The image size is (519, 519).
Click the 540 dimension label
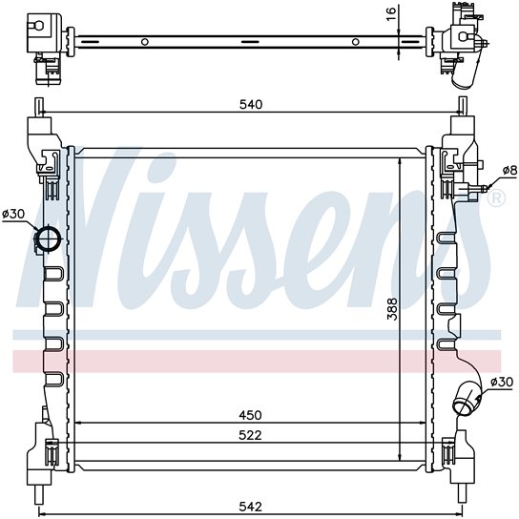click(x=251, y=105)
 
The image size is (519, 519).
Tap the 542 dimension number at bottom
click(x=250, y=507)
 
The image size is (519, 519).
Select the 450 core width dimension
click(x=250, y=415)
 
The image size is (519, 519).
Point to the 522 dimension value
click(x=250, y=435)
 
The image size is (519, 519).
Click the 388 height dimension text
click(x=392, y=309)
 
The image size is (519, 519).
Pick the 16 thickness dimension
click(x=391, y=14)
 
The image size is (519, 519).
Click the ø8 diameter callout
click(x=509, y=170)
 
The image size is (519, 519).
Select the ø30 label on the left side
click(x=13, y=214)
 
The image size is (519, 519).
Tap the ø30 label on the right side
click(x=502, y=382)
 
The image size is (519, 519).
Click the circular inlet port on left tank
click(x=49, y=238)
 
